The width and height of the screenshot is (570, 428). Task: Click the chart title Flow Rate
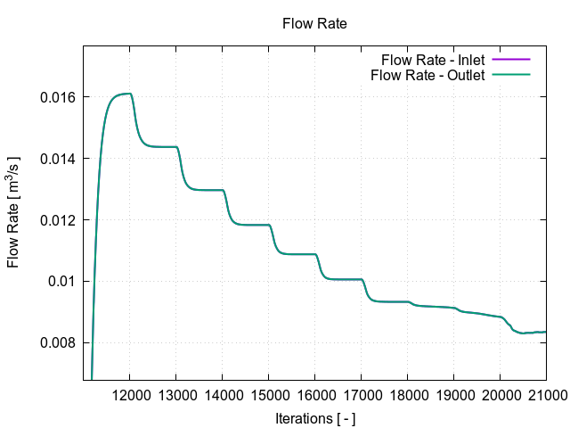coord(313,24)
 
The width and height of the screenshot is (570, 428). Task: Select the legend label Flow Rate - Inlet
coord(433,60)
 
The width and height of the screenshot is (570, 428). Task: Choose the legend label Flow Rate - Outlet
coord(427,75)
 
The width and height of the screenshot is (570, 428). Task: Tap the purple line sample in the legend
coord(513,60)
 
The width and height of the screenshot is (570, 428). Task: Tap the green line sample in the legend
coord(513,75)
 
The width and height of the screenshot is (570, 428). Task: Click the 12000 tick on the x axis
coord(130,396)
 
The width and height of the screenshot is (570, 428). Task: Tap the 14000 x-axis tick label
coord(223,396)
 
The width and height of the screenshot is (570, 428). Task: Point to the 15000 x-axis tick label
coord(269,396)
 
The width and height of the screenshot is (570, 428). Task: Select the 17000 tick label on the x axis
coord(362,396)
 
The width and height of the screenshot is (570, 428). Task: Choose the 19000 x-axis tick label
coord(453,396)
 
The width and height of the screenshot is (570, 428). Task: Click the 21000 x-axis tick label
coord(544,396)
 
